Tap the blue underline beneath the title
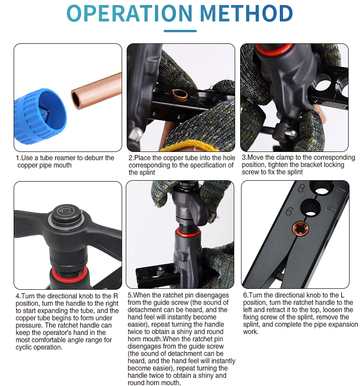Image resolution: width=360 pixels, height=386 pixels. click(180, 31)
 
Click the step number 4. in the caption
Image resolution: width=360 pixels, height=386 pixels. click(19, 295)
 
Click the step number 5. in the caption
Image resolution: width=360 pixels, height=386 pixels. click(131, 295)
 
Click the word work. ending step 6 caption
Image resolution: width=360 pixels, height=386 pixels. click(251, 332)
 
